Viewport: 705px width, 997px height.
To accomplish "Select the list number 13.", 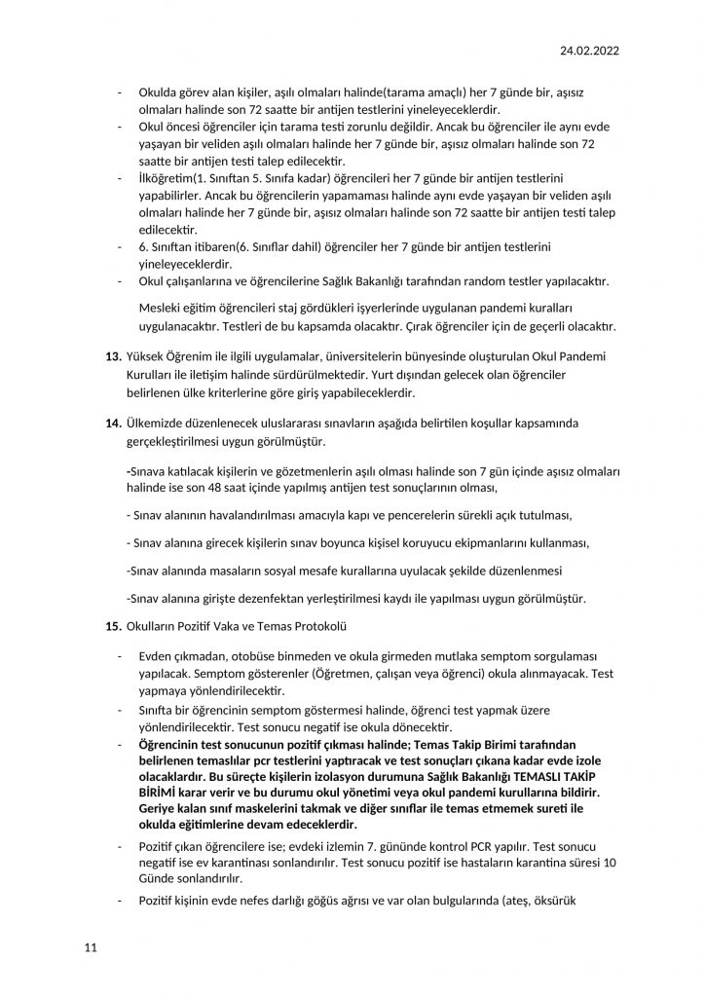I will tap(112, 358).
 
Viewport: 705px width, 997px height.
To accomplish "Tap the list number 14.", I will tap(112, 425).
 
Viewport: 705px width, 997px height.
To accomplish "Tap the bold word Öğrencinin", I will tap(175, 745).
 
